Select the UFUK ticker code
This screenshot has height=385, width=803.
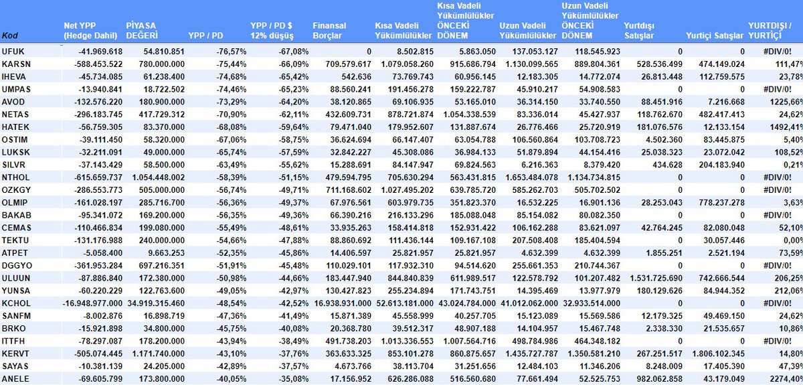point(13,51)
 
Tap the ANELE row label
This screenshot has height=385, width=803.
point(14,378)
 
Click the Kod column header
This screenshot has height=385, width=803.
point(10,35)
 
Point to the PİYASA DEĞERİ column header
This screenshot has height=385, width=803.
point(148,31)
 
